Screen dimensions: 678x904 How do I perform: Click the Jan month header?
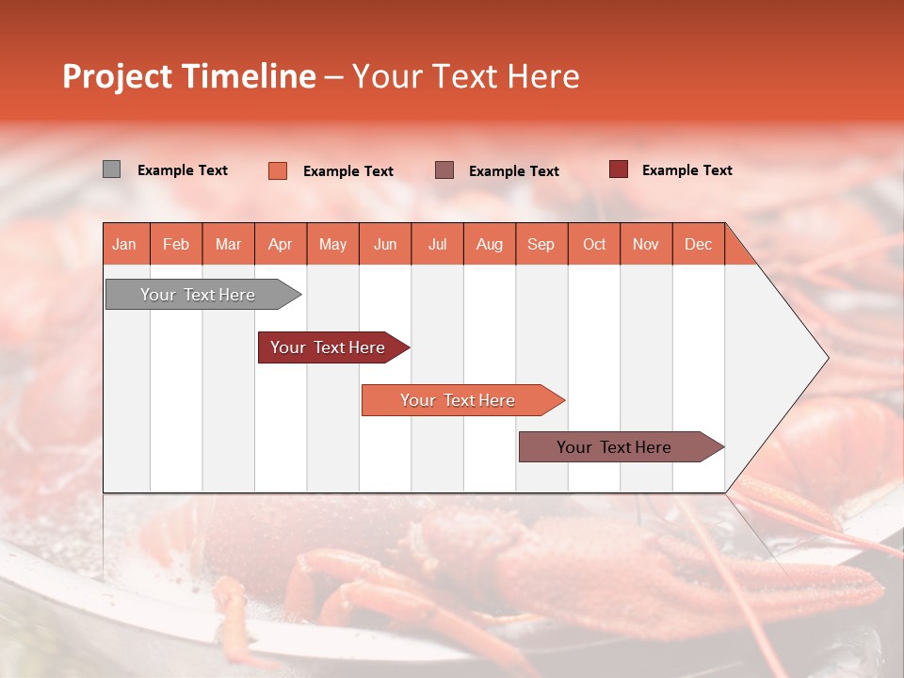tap(124, 244)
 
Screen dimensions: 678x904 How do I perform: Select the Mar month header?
tap(228, 244)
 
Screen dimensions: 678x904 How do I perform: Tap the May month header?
tap(332, 244)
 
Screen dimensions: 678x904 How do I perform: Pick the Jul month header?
tap(437, 244)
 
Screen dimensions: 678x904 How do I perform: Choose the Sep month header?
tap(541, 244)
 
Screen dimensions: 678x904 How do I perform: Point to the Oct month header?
tap(594, 244)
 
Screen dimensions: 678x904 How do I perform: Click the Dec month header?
tap(698, 244)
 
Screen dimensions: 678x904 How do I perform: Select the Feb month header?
tap(176, 244)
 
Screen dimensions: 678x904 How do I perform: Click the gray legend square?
tap(111, 169)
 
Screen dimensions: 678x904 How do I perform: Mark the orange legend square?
tap(277, 170)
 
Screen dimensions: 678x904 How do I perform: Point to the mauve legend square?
tap(444, 169)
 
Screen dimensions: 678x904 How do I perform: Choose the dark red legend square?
tap(618, 169)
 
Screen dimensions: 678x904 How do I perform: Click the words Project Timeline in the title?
tap(188, 76)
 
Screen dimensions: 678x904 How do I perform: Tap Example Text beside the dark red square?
tap(686, 170)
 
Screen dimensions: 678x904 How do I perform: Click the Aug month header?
tap(489, 244)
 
